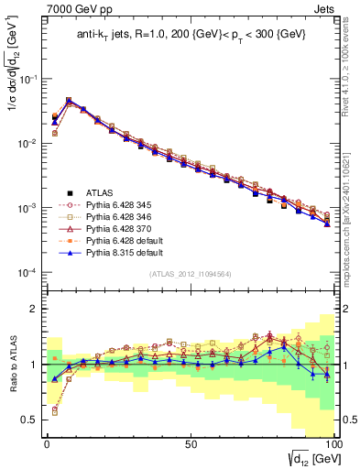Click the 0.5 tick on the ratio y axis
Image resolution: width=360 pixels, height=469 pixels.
coord(29,420)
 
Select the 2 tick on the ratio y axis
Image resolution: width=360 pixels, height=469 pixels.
coord(34,309)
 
